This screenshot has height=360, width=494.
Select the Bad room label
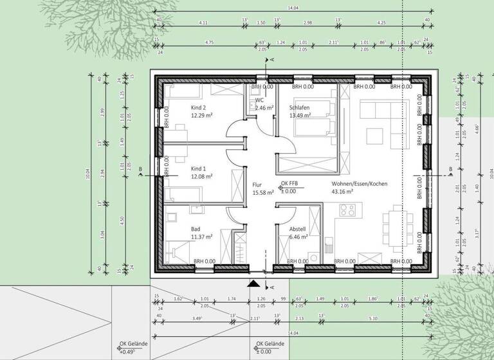196,229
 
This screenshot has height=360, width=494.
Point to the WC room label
259,100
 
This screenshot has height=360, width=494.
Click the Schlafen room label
300,107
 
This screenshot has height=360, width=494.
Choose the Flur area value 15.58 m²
263,192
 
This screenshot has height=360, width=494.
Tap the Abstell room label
297,229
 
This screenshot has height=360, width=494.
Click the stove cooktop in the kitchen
347,210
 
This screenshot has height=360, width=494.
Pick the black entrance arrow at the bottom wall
255,283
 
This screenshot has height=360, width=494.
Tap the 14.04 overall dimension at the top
292,8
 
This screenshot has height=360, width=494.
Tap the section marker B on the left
140,170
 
